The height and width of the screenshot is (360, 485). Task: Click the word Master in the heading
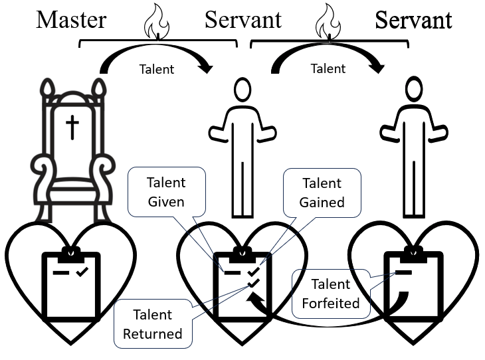pyautogui.click(x=71, y=19)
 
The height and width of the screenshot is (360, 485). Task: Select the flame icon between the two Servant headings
pyautogui.click(x=327, y=22)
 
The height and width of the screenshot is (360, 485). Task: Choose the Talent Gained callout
pyautogui.click(x=322, y=192)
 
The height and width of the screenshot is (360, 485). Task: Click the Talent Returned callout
pyautogui.click(x=152, y=323)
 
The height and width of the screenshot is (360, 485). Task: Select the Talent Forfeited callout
pyautogui.click(x=330, y=294)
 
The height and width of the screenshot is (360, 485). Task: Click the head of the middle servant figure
pyautogui.click(x=242, y=90)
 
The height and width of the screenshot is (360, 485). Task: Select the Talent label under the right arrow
pyautogui.click(x=328, y=68)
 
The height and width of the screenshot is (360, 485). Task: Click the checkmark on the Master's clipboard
pyautogui.click(x=82, y=272)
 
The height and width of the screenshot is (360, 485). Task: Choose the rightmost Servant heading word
pyautogui.click(x=414, y=19)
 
